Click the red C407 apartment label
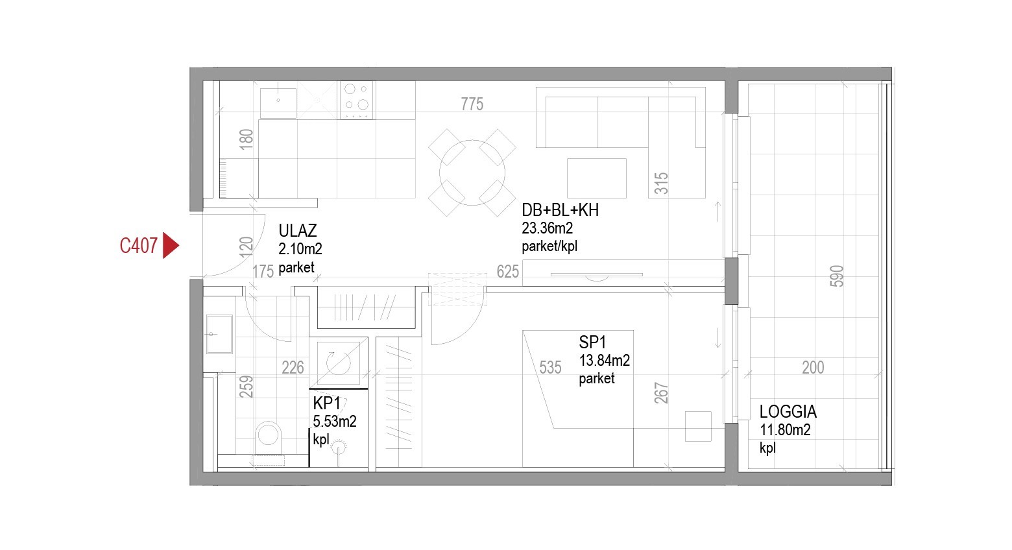point(138,246)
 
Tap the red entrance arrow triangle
point(170,246)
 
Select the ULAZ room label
point(297,231)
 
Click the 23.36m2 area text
point(547,228)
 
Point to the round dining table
point(472,173)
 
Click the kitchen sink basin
point(278,103)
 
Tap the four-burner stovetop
point(356,100)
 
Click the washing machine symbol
point(339,363)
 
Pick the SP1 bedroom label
point(592,342)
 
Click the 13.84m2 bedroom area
point(605,361)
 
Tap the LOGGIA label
point(788,411)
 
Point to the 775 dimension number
point(472,104)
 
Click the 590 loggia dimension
point(837,276)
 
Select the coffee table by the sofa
point(597,178)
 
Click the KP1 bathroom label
point(326,403)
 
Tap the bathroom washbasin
point(219,334)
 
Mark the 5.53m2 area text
point(335,422)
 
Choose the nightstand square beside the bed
point(698,426)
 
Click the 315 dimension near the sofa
point(661,183)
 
